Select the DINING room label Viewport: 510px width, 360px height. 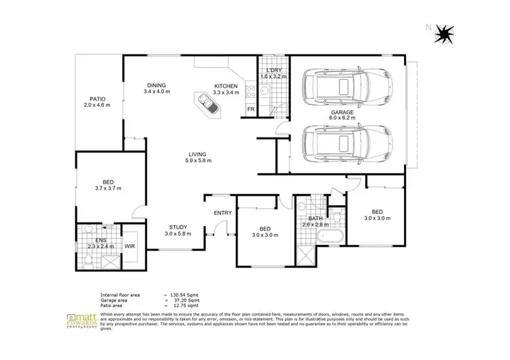pyautogui.click(x=156, y=86)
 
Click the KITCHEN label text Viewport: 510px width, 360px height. pyautogui.click(x=226, y=86)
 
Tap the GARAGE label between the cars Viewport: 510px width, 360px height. pyautogui.click(x=342, y=113)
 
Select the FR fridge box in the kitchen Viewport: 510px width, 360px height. pyautogui.click(x=250, y=109)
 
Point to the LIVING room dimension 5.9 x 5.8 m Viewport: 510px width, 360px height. pyautogui.click(x=199, y=161)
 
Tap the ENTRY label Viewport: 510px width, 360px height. pyautogui.click(x=223, y=213)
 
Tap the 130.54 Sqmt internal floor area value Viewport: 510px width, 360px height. pyautogui.click(x=184, y=294)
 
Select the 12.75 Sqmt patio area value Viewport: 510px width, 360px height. pyautogui.click(x=184, y=305)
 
